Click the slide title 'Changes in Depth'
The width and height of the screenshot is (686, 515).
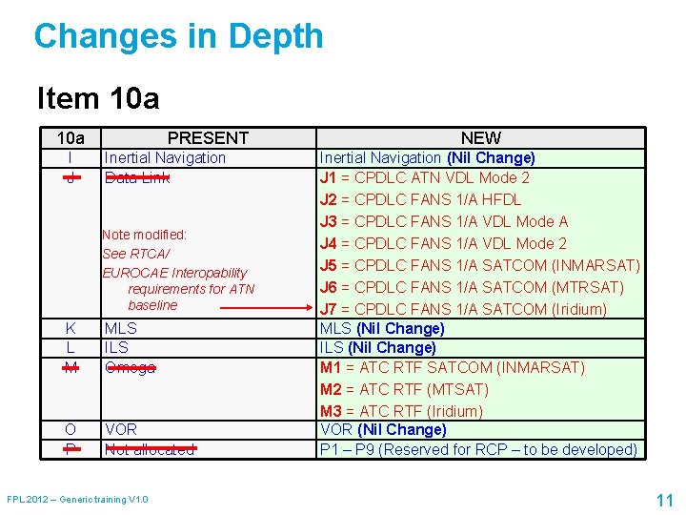coord(178,37)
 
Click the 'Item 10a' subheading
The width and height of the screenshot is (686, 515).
coord(97,98)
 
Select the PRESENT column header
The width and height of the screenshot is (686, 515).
coord(208,138)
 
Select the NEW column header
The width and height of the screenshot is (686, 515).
coord(480,138)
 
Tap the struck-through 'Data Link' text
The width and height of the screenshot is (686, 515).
coord(137,177)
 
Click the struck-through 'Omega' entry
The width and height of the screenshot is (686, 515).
coord(130,367)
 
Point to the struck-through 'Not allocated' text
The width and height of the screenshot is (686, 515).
coord(150,449)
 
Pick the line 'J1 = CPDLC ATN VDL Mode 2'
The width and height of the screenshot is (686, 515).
coord(424,177)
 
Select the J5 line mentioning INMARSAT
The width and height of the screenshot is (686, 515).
coord(479,265)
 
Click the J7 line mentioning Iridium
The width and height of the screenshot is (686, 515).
coord(463,309)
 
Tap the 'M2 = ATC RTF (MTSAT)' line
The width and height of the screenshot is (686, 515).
coord(404,389)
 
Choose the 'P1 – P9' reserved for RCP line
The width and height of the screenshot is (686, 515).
coord(478,449)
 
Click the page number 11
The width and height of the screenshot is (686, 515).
coord(664,500)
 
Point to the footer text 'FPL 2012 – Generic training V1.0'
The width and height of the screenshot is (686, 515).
coord(77,500)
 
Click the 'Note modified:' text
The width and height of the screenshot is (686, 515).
coord(145,235)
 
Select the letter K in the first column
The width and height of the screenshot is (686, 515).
coord(71,328)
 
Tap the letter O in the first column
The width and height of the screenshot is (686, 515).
coord(71,430)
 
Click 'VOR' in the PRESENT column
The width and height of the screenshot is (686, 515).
coord(120,430)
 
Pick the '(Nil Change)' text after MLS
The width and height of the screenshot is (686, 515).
coord(400,328)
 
